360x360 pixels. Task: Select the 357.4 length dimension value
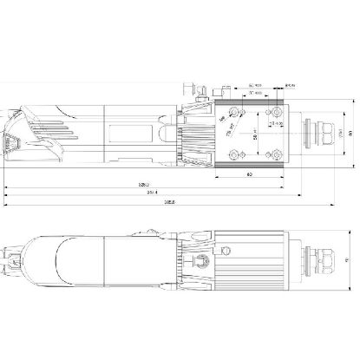tap(153, 193)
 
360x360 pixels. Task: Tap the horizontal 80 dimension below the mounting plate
tap(249, 174)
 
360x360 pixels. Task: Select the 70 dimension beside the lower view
tap(347, 259)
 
